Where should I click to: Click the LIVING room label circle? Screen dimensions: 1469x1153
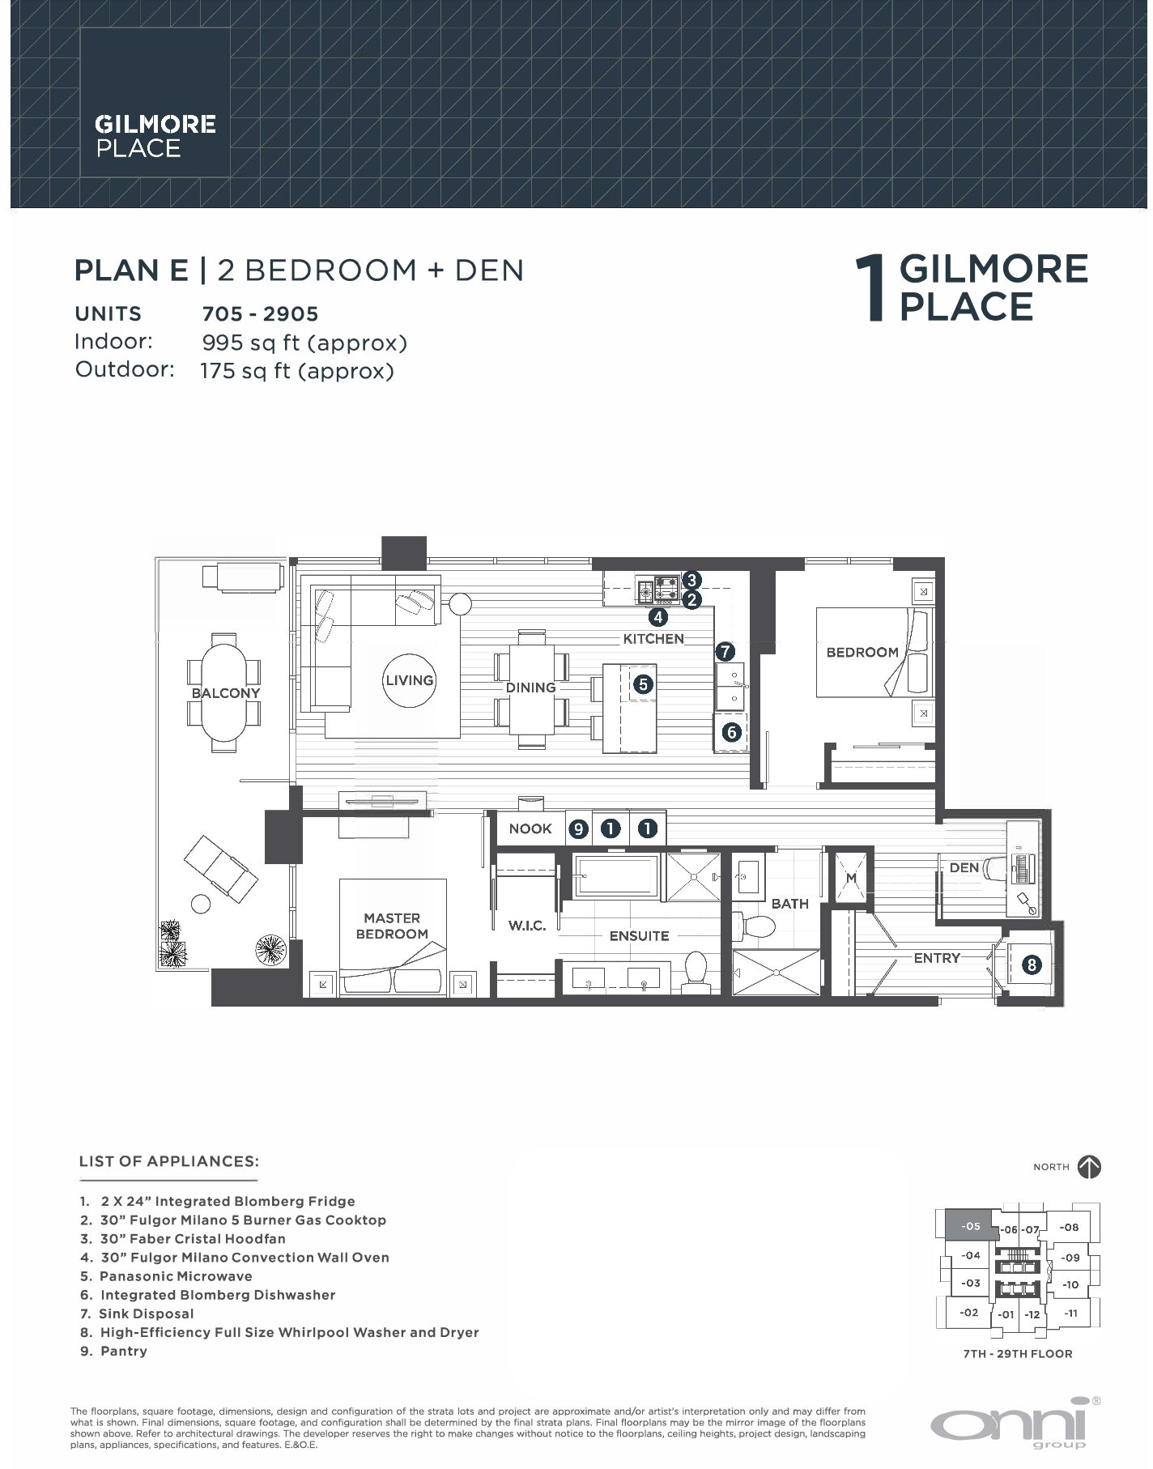tap(409, 680)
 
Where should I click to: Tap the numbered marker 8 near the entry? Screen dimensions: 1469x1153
tap(1031, 964)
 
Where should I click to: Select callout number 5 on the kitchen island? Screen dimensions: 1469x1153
tap(642, 684)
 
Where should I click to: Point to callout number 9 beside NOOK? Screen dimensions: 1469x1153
tap(577, 828)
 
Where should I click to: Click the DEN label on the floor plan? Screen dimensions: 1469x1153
tap(964, 867)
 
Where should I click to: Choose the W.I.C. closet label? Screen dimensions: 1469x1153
tap(526, 926)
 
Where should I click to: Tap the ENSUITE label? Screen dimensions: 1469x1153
tap(639, 936)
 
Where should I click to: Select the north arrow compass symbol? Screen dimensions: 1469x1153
tap(1089, 1167)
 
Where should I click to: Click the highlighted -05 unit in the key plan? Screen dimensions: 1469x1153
tap(970, 1226)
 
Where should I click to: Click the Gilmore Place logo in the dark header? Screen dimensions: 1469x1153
tap(155, 135)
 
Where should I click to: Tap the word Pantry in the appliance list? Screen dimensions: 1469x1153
tap(124, 1351)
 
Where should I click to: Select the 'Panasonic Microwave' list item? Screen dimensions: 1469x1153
tap(176, 1276)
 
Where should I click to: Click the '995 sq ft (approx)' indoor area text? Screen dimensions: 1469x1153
tap(304, 343)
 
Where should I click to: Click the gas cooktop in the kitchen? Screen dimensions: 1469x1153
tap(667, 590)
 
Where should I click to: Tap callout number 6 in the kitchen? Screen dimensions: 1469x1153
tap(731, 733)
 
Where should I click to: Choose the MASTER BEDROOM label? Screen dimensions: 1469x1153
tap(392, 926)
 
